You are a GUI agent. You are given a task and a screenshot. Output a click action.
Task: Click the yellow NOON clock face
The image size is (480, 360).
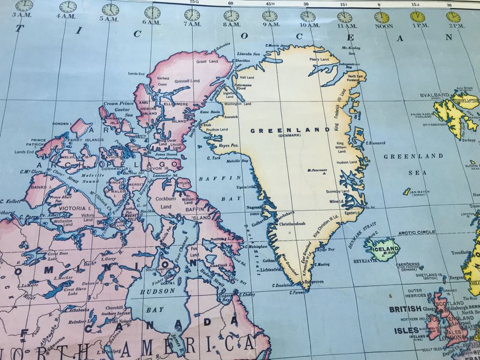coord(381,17)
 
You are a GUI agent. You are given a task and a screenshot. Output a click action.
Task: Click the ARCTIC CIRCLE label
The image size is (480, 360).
coord(417,233)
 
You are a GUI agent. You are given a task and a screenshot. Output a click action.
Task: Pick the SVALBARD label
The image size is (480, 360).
coord(421,95)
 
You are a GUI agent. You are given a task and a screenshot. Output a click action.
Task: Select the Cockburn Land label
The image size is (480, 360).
coord(166,203)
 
